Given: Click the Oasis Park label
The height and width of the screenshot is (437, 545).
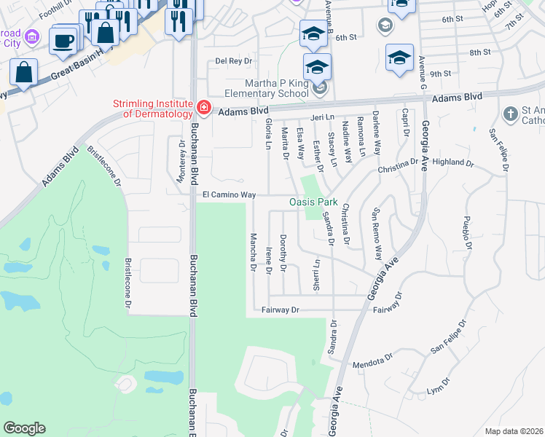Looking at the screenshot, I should pyautogui.click(x=313, y=201).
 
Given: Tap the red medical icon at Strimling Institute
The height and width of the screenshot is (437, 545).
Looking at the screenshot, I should pyautogui.click(x=203, y=109).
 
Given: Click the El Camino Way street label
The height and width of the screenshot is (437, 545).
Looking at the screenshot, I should pyautogui.click(x=229, y=195).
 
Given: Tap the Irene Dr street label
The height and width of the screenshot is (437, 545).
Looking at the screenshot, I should pyautogui.click(x=269, y=261).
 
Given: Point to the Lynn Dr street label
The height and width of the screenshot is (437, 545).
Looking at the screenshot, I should pyautogui.click(x=435, y=390).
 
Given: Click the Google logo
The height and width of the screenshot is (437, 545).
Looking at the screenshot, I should pyautogui.click(x=24, y=428).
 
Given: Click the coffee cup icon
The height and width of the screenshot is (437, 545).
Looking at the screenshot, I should pyautogui.click(x=63, y=41).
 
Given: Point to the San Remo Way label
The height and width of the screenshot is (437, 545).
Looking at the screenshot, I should pyautogui.click(x=377, y=235).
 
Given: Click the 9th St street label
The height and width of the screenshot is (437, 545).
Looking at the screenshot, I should pyautogui.click(x=441, y=74).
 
